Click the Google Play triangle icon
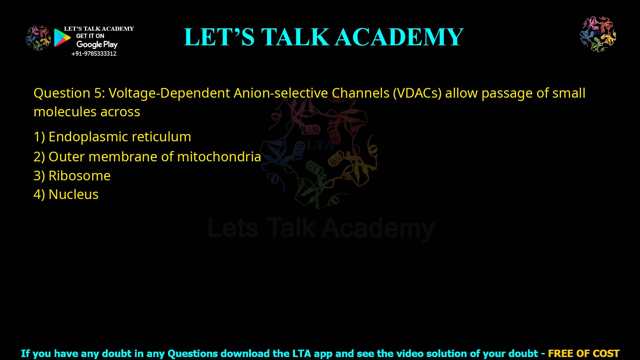point(62,38)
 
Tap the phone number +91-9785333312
point(94,54)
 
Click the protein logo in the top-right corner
point(598,34)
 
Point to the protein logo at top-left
point(38,38)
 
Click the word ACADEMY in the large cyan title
point(399,37)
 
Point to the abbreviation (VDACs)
point(417,93)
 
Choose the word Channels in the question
point(360,93)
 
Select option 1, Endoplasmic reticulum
point(112,137)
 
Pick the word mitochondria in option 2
point(219,157)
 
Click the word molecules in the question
point(65,112)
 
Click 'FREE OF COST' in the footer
point(583,353)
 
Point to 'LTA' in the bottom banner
point(302,353)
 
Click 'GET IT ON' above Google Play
point(90,36)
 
